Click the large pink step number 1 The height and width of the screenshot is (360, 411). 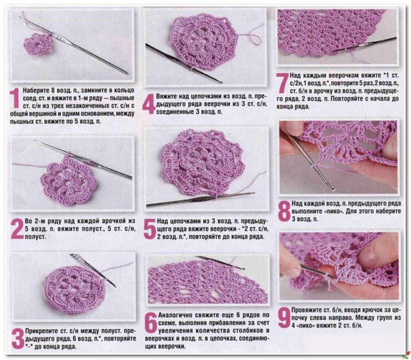[15, 98]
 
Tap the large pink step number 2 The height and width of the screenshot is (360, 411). [17, 228]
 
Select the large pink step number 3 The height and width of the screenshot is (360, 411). [18, 339]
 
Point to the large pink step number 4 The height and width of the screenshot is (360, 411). [148, 104]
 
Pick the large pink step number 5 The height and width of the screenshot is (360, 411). [149, 229]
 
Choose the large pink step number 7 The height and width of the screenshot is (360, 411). [282, 83]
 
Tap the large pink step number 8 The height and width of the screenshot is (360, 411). [284, 211]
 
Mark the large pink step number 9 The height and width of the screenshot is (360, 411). [284, 318]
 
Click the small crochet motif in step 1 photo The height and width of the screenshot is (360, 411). [38, 44]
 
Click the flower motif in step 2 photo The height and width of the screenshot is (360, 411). [69, 181]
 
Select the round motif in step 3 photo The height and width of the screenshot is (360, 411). [74, 290]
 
